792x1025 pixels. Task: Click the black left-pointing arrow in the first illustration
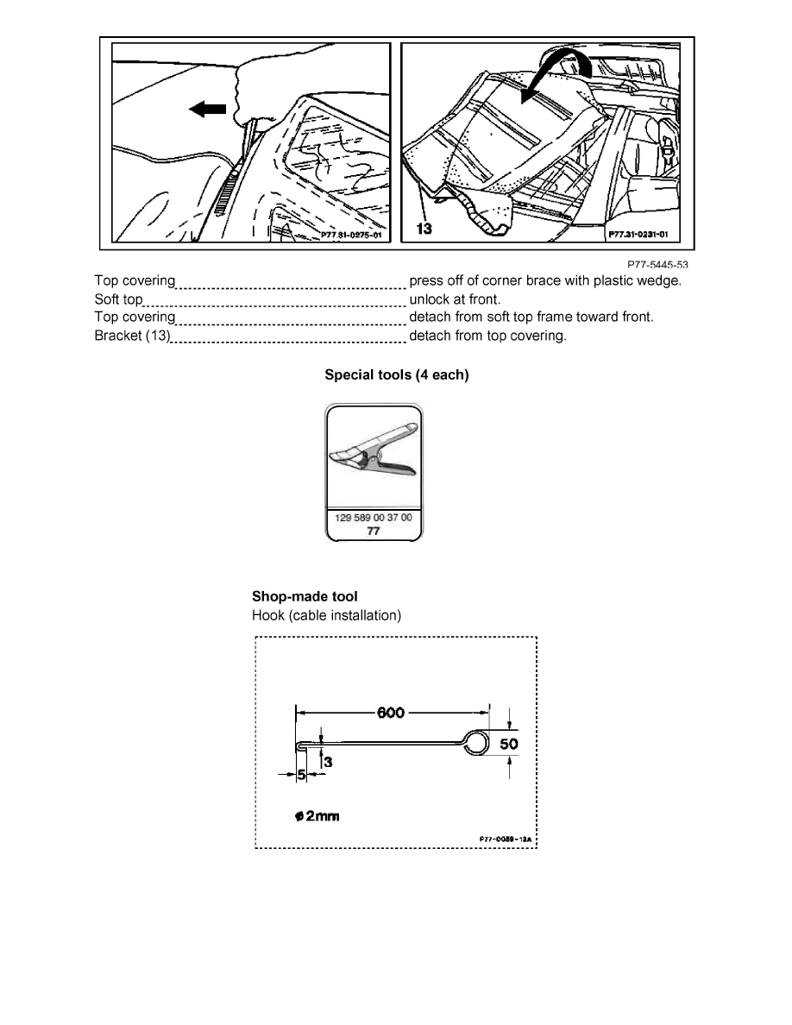click(x=208, y=110)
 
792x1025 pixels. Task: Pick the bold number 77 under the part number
click(x=374, y=531)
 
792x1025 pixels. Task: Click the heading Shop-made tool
click(x=305, y=596)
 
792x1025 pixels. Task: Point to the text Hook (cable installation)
click(x=326, y=615)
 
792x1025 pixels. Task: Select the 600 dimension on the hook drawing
click(x=393, y=713)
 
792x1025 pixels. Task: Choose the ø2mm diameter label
click(x=316, y=816)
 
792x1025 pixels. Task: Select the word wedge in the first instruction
click(x=663, y=281)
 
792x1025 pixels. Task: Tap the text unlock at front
click(x=454, y=299)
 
